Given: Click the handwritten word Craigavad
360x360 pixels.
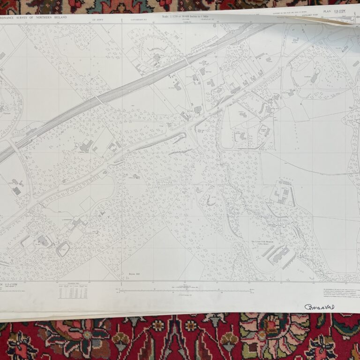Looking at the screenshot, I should (319, 307).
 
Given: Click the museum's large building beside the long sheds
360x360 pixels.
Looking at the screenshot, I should (280, 255).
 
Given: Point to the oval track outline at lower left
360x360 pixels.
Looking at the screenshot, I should (62, 249).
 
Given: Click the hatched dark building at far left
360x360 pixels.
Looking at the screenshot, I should (16, 191).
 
